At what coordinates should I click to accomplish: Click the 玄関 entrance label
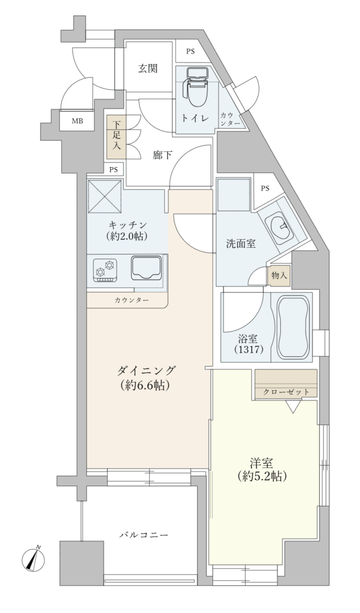pyautogui.click(x=148, y=69)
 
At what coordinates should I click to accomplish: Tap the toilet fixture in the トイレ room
pyautogui.click(x=197, y=86)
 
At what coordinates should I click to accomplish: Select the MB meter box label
pyautogui.click(x=77, y=121)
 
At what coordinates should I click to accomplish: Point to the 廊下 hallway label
pyautogui.click(x=162, y=155)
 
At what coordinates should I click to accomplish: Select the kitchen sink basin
pyautogui.click(x=146, y=268)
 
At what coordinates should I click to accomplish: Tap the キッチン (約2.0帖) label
pyautogui.click(x=128, y=230)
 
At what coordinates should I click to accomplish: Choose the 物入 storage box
pyautogui.click(x=279, y=275)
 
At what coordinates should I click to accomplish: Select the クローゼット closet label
pyautogui.click(x=286, y=392)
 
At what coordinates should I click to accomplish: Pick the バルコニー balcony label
pyautogui.click(x=144, y=535)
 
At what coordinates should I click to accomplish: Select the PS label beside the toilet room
pyautogui.click(x=190, y=51)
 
